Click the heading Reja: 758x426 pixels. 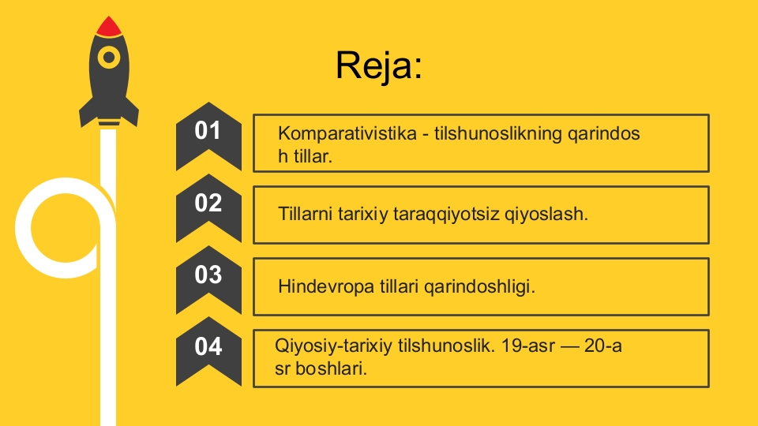point(379,65)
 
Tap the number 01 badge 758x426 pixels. point(208,136)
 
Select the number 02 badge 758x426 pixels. point(208,207)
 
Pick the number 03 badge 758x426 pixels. point(208,279)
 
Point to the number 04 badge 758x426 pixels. point(208,351)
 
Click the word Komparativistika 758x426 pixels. point(347,133)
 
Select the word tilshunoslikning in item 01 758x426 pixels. point(498,134)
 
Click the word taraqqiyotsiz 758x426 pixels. point(446,215)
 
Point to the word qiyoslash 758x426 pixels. point(546,215)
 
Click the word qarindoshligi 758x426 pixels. point(479,287)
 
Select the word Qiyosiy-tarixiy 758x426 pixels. point(333,346)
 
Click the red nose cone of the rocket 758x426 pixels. point(109,27)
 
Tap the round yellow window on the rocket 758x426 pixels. point(109,58)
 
